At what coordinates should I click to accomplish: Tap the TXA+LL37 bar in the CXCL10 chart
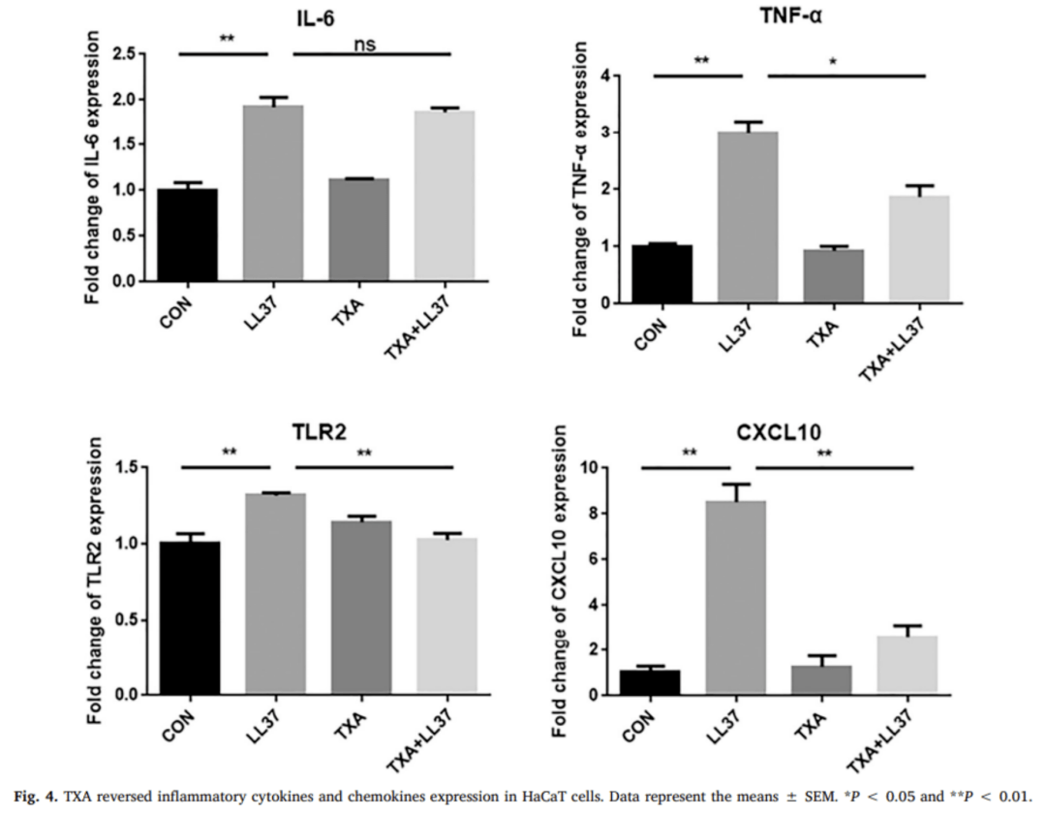coord(907,665)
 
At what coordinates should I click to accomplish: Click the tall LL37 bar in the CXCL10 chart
coord(735,597)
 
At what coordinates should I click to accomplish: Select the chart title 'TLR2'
coord(315,436)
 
